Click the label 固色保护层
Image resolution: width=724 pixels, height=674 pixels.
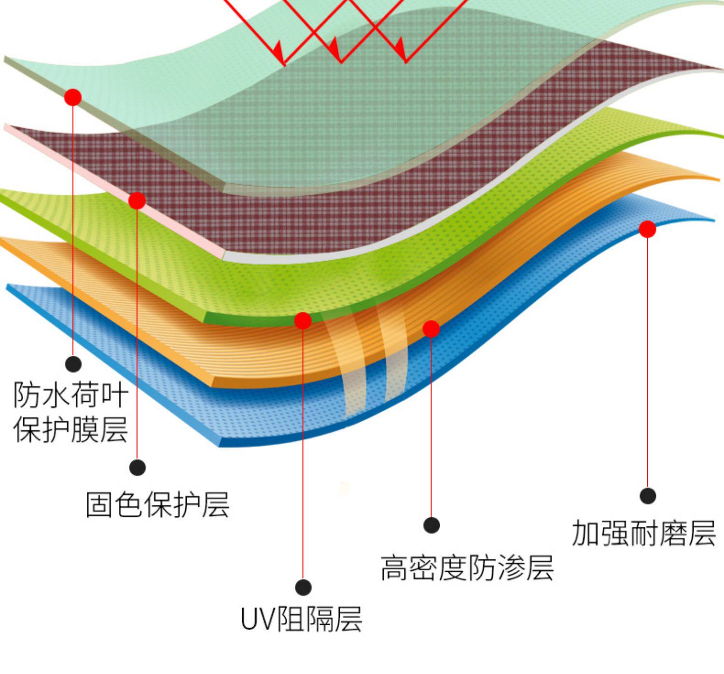pos(157,505)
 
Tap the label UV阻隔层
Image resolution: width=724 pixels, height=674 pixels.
pos(301,619)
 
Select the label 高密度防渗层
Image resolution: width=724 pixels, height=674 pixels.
pos(467,567)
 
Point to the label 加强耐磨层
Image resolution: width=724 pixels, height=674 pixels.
pos(643,533)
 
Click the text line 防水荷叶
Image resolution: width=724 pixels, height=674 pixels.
pos(71,395)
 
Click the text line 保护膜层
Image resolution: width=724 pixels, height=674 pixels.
pos(71,430)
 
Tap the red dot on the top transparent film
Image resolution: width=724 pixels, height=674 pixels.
pos(73,97)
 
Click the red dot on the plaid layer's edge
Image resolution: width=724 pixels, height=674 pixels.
pos(137,201)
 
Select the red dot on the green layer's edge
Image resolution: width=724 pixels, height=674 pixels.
pos(303,320)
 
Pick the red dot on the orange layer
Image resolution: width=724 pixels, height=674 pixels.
pos(431,329)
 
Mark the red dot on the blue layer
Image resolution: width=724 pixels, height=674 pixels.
pos(647,229)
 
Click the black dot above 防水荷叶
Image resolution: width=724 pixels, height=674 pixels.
pos(73,364)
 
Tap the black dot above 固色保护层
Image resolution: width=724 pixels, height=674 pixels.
pos(138,467)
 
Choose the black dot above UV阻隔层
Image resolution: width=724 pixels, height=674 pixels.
pos(303,587)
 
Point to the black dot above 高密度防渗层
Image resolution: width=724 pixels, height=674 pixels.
pos(432,525)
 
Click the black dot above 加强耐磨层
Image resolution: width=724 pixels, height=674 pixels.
pos(648,496)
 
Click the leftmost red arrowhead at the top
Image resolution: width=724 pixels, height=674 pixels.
pos(278,50)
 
